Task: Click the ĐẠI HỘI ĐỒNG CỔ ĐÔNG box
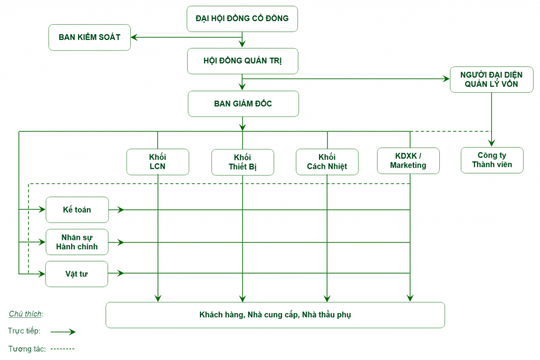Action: pos(242,18)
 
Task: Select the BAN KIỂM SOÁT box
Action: pos(89,37)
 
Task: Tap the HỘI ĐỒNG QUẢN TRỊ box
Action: pos(242,61)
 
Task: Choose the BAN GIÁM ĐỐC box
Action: pos(243,104)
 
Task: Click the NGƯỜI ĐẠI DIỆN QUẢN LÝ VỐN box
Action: pos(491,80)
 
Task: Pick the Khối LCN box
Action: pos(158,162)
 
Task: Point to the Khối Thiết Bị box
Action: pos(243,162)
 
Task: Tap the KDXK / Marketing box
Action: pos(408,161)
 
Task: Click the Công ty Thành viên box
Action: pos(491,160)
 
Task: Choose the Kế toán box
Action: pos(77,210)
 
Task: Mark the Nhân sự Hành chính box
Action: pos(77,242)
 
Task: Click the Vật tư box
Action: pos(77,274)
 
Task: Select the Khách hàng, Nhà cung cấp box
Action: pos(275,315)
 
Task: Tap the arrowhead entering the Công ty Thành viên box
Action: pos(491,143)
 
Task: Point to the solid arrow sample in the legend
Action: pos(64,332)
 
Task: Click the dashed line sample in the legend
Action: pos(63,349)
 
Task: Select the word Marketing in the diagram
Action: pos(408,166)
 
